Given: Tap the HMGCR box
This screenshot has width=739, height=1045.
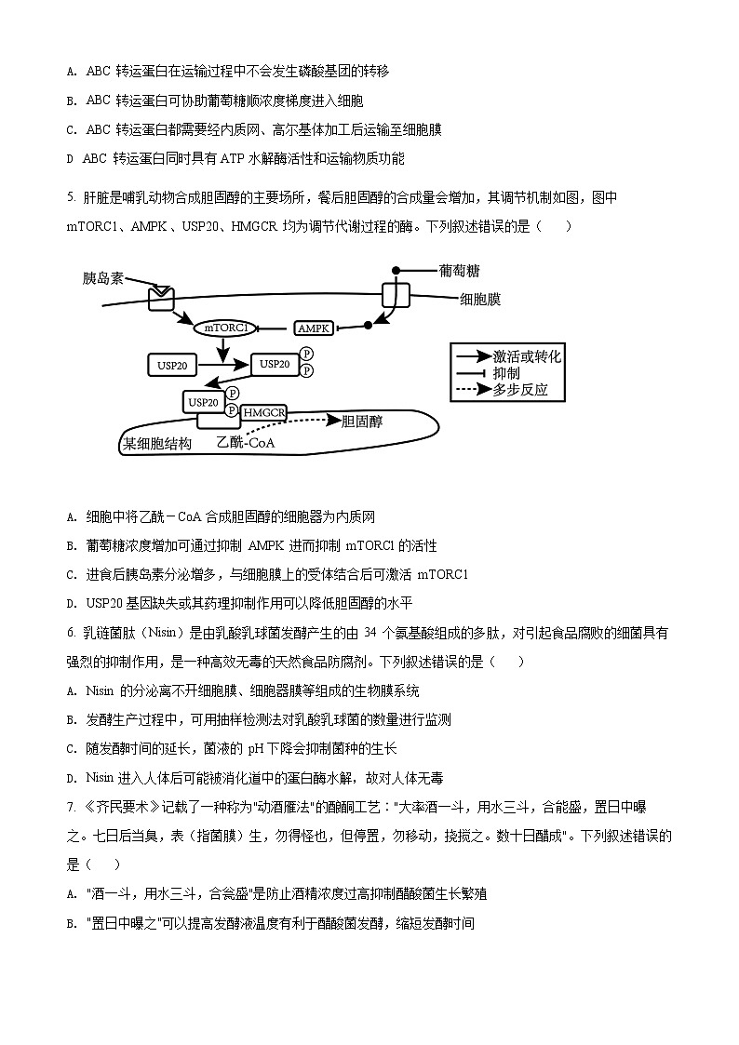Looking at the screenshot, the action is pos(263,412).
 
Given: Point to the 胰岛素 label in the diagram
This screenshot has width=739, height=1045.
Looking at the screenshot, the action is pos(102,278).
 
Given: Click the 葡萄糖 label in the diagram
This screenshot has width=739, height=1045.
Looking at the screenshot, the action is pos(459,270).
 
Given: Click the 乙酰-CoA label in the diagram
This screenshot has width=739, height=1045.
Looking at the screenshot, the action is pos(246,443).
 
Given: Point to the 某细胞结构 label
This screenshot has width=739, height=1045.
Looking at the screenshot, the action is pos(157,444).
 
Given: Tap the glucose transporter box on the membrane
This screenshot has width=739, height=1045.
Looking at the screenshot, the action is pos(396,296).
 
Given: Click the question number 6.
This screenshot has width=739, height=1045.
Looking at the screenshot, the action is pos(71,634).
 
